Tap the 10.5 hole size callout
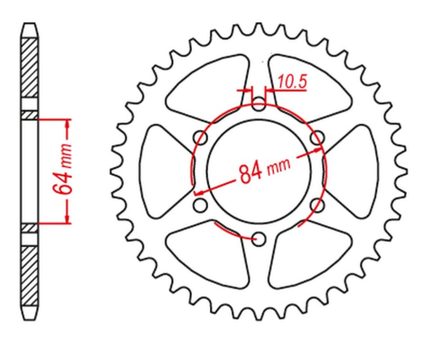pos(293,82)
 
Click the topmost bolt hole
pos(259,101)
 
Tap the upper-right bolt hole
pos(317,135)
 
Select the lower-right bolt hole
pos(317,204)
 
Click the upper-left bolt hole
pos(200,135)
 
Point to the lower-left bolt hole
pos(200,204)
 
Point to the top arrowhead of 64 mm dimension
pos(67,119)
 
